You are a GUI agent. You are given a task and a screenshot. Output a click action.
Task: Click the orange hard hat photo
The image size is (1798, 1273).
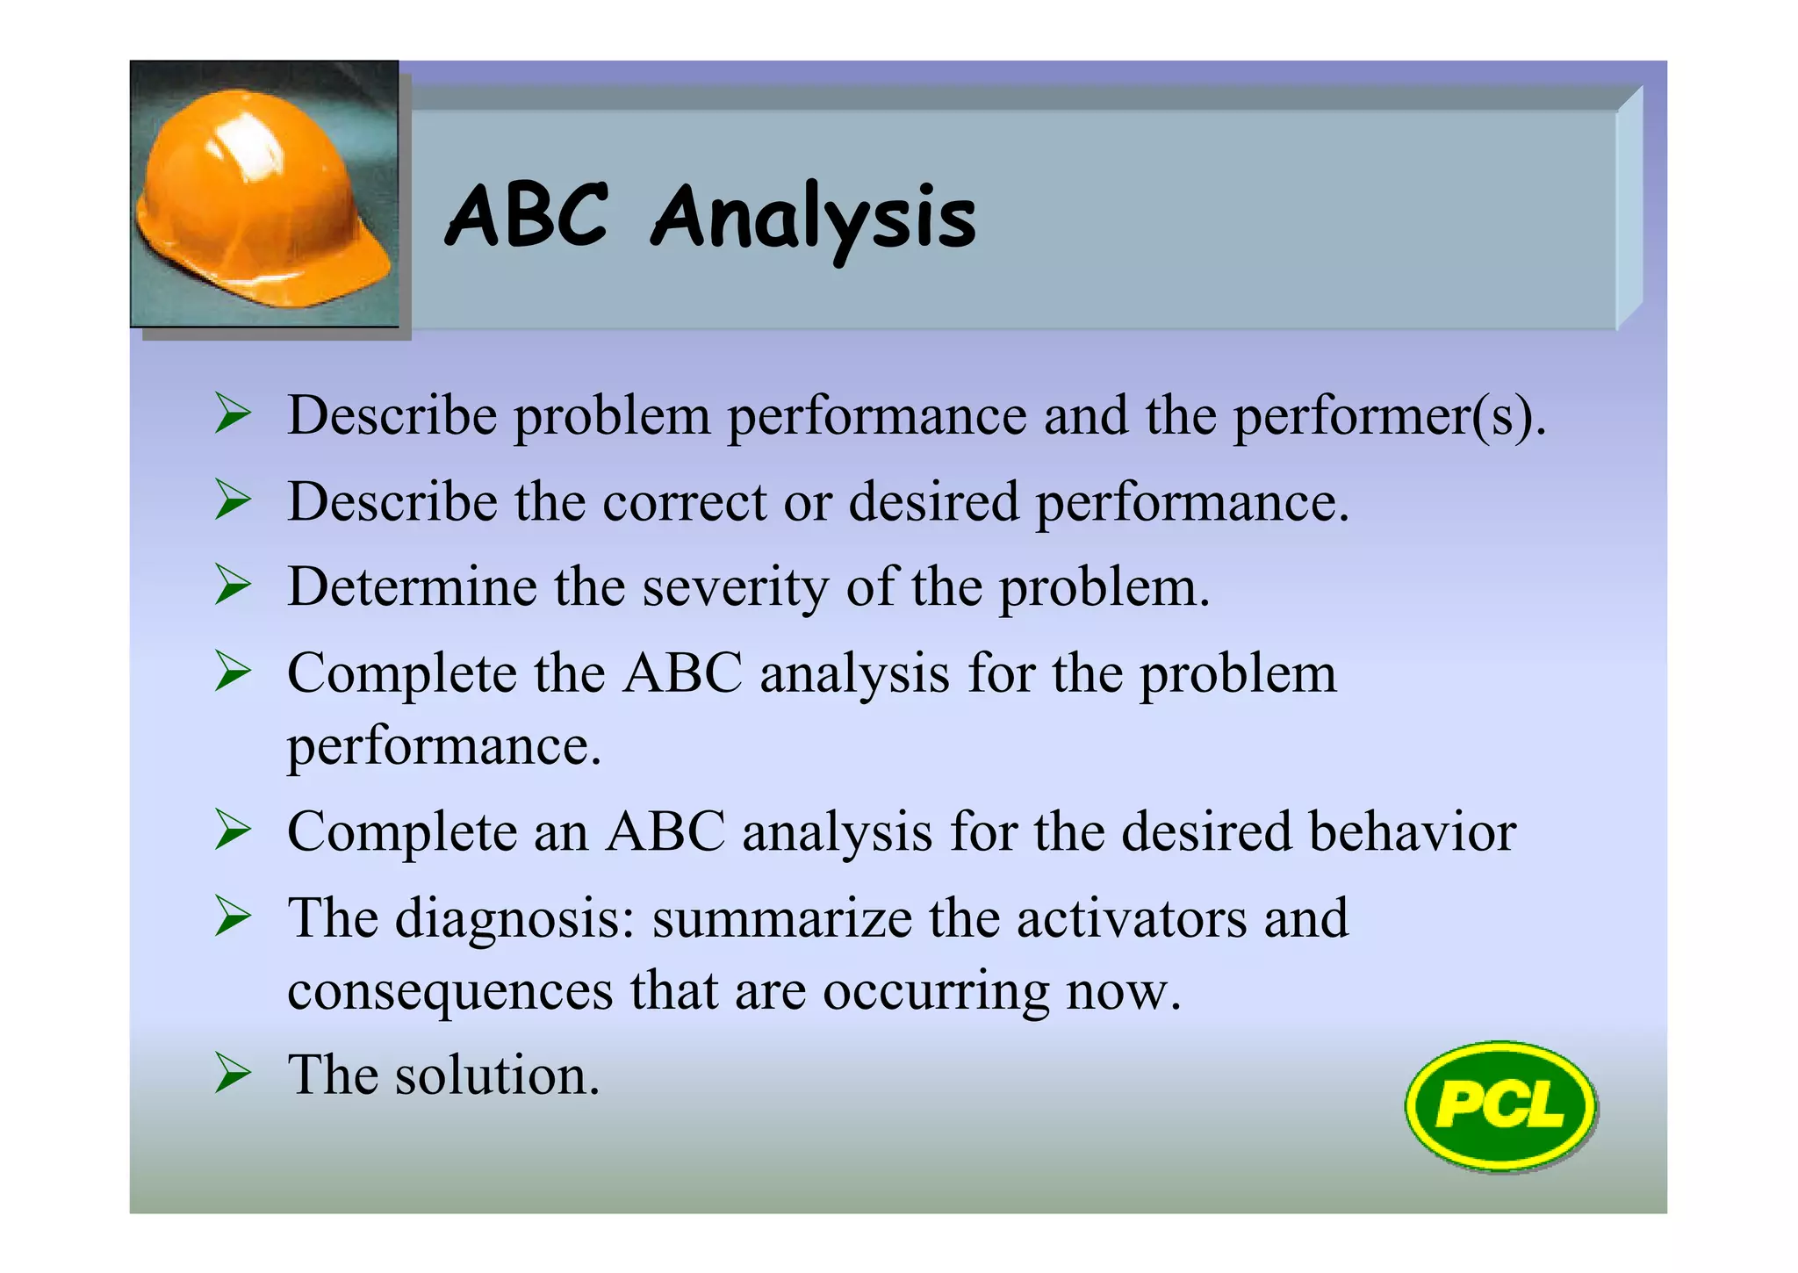click(x=263, y=195)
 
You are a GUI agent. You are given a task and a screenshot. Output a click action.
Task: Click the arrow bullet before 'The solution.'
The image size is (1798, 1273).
click(x=233, y=1074)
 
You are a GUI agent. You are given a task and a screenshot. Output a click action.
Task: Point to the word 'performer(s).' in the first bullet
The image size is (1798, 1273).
click(x=1389, y=415)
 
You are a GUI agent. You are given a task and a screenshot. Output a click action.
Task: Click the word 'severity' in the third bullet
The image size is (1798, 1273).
click(x=735, y=587)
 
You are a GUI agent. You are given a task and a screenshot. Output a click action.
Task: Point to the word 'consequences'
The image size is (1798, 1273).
click(x=450, y=990)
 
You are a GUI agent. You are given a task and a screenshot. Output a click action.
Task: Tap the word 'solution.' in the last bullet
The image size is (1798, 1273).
click(x=497, y=1075)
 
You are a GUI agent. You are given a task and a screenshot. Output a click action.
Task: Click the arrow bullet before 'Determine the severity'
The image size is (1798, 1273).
click(x=233, y=586)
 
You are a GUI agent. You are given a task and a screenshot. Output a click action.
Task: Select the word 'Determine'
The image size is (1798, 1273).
click(x=412, y=586)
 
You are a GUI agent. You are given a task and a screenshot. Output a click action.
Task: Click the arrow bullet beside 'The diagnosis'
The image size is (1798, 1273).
click(x=233, y=917)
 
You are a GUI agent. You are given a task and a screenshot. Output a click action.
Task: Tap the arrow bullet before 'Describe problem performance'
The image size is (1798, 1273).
click(x=233, y=414)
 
